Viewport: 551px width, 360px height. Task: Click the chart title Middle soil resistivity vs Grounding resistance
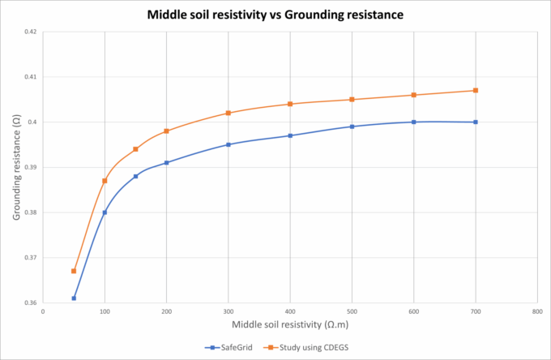tap(275, 15)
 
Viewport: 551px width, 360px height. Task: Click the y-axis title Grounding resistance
tap(15, 167)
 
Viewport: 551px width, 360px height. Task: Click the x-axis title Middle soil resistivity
tap(290, 325)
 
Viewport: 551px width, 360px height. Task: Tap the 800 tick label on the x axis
tap(537, 311)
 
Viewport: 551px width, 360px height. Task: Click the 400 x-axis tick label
tap(290, 311)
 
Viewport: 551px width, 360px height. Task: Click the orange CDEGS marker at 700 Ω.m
tap(476, 90)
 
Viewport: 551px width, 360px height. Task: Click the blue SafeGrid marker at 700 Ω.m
tap(476, 122)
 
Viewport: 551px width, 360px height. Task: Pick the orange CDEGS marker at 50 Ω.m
tap(74, 271)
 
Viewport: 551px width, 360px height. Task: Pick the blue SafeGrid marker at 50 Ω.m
tap(74, 298)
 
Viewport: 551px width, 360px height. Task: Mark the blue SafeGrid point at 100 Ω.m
tap(105, 212)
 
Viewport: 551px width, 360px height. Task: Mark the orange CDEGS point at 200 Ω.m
tap(166, 131)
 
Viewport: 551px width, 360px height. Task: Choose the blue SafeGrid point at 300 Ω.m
tap(229, 144)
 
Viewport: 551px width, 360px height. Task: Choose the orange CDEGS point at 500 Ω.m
tap(352, 99)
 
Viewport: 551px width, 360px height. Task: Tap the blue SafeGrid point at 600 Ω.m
tap(414, 122)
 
